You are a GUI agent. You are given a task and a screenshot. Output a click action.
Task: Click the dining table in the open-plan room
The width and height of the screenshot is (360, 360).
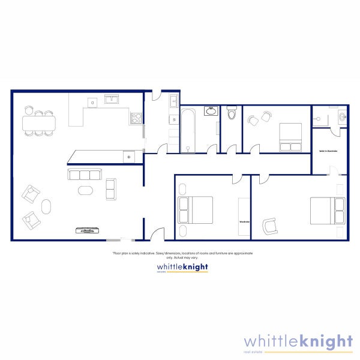pyautogui.click(x=39, y=122)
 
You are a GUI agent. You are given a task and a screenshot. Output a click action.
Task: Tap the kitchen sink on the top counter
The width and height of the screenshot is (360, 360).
pyautogui.click(x=112, y=100)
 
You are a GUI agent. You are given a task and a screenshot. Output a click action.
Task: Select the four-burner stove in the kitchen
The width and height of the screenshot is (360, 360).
pyautogui.click(x=136, y=118)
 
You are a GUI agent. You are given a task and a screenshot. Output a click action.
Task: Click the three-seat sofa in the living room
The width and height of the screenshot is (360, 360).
pyautogui.click(x=83, y=175)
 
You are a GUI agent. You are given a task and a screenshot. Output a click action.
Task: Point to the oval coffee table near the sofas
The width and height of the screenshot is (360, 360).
pyautogui.click(x=86, y=191)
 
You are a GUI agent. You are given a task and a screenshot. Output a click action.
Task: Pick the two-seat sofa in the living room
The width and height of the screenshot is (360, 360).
pyautogui.click(x=111, y=189)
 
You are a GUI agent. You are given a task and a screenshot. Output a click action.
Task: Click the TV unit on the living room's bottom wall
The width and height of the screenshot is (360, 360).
pyautogui.click(x=88, y=229)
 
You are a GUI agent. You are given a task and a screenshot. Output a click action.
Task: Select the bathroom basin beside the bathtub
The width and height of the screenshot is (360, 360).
pyautogui.click(x=211, y=111)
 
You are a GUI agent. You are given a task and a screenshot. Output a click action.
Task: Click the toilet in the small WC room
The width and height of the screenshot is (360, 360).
pyautogui.click(x=232, y=113)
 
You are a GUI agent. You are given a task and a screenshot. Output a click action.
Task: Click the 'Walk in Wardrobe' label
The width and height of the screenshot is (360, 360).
pyautogui.click(x=328, y=151)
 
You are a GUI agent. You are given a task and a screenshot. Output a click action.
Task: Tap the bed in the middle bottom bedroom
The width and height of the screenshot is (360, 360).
pyautogui.click(x=195, y=210)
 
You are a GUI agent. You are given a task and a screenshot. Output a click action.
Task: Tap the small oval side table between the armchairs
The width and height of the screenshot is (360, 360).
pyautogui.click(x=46, y=206)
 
